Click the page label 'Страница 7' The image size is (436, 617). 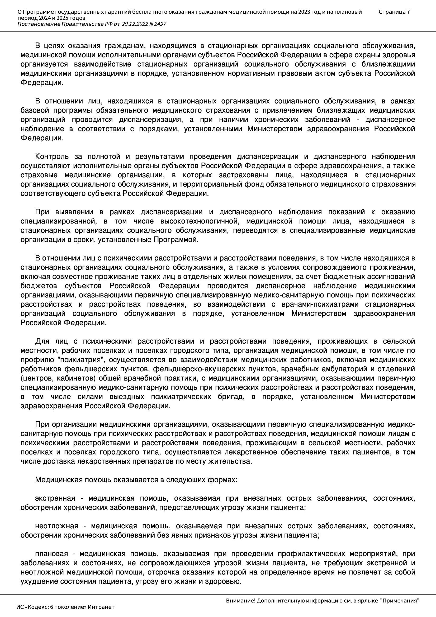pos(394,12)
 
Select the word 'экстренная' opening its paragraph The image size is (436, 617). pos(55,499)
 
